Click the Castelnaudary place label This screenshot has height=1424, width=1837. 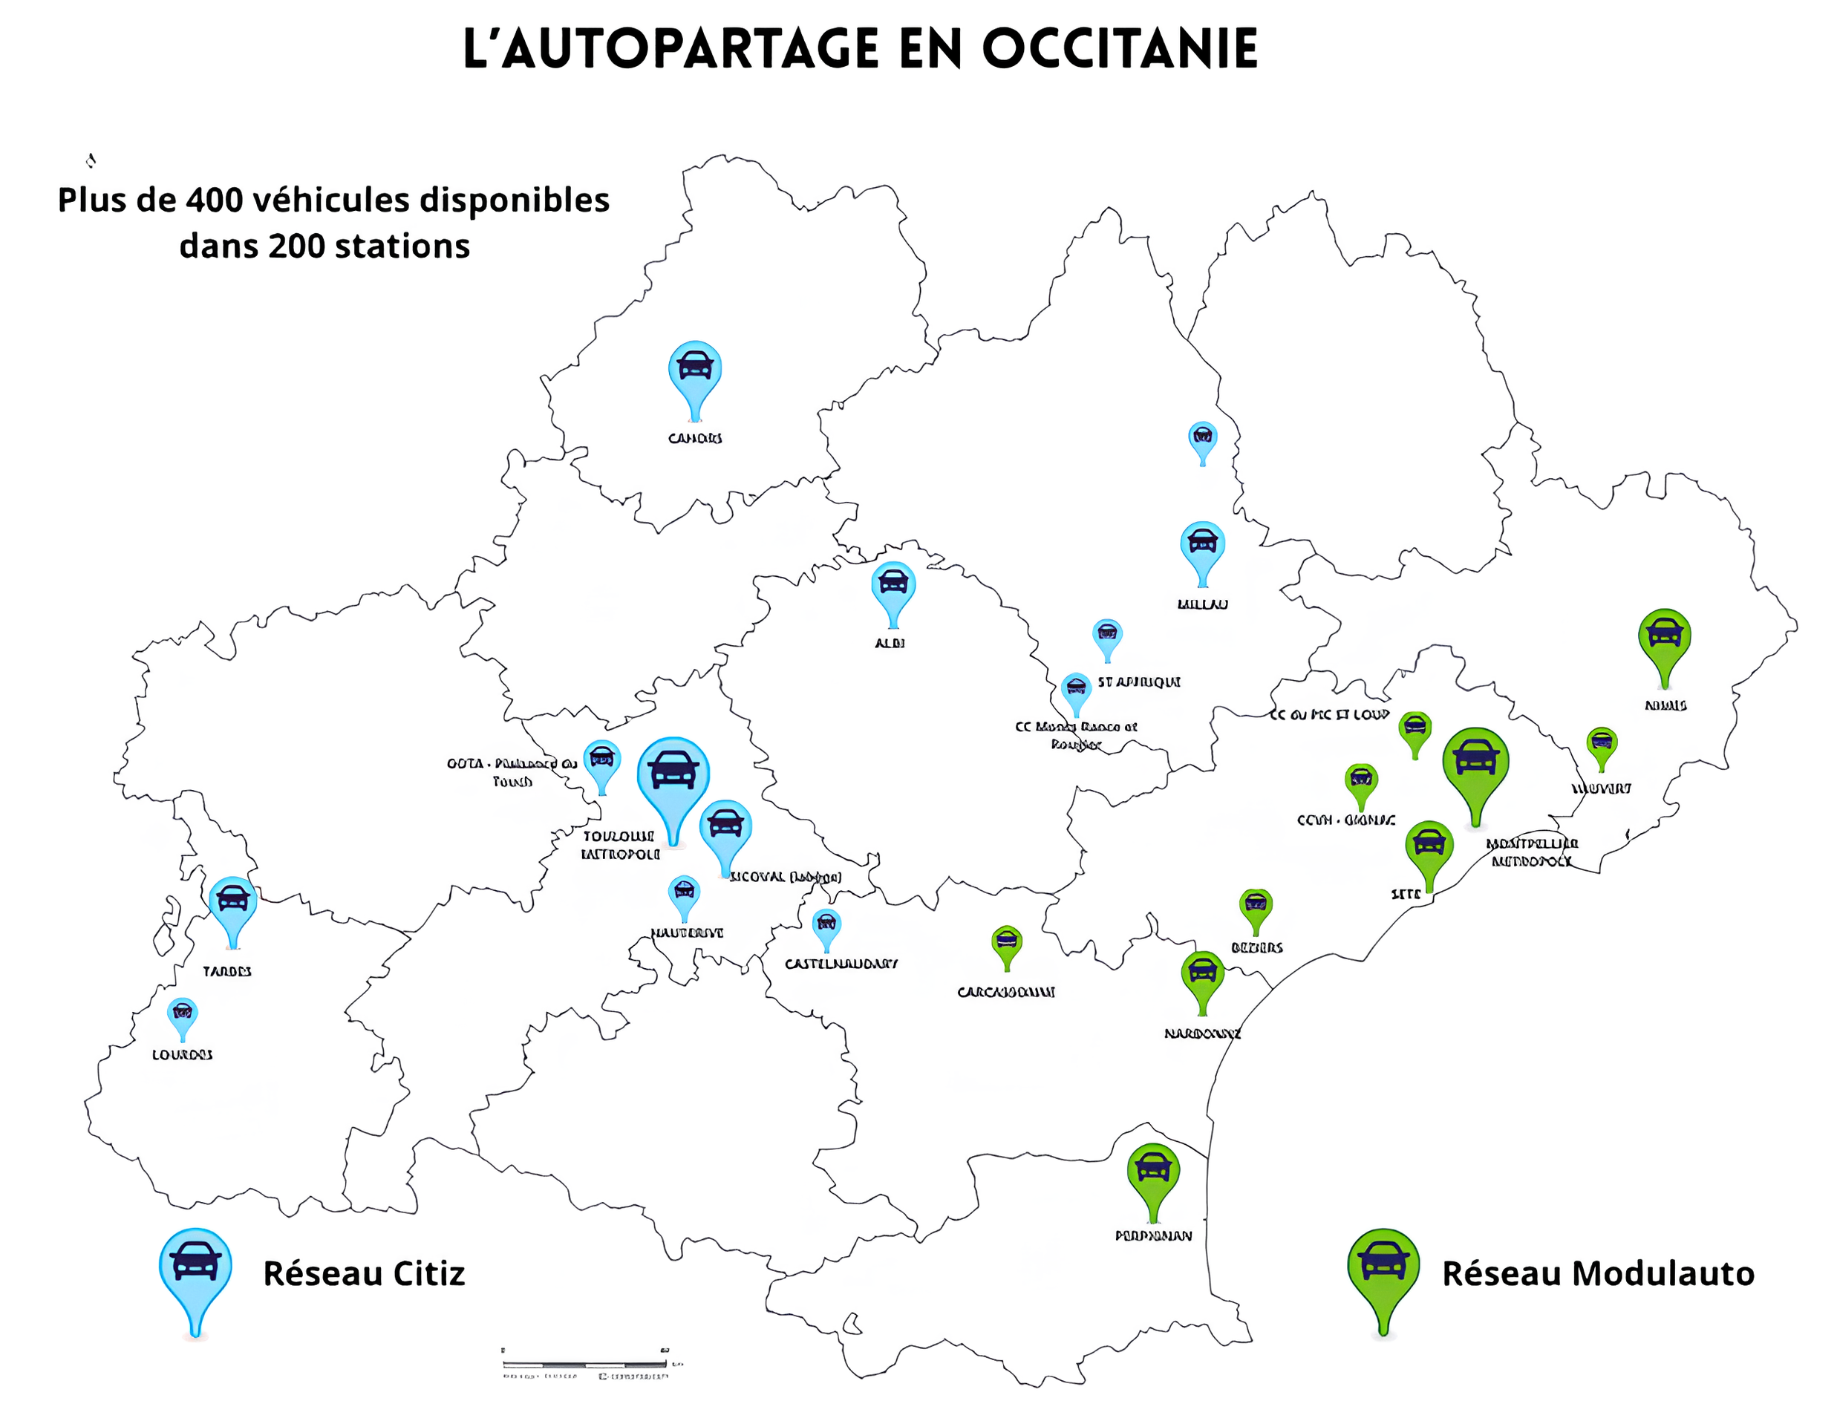(x=841, y=964)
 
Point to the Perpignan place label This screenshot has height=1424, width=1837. (x=1153, y=1235)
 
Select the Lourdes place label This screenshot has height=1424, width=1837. (x=182, y=1055)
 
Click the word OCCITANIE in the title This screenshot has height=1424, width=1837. (x=1120, y=49)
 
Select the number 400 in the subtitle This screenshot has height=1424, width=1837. (x=214, y=200)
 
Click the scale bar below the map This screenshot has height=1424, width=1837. (x=585, y=1361)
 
